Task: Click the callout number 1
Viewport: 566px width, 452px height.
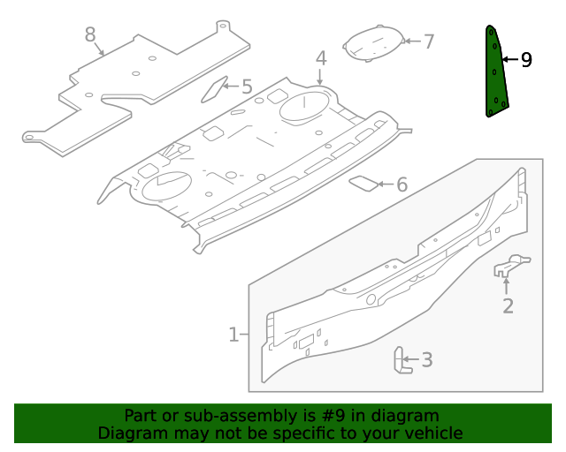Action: (233, 335)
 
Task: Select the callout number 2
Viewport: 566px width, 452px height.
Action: (508, 306)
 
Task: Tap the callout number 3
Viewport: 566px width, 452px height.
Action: (427, 359)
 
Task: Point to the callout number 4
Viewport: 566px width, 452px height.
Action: (321, 58)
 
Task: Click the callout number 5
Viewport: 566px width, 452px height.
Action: (247, 87)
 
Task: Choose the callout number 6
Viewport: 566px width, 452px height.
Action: (402, 185)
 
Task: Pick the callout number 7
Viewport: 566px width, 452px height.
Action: (428, 41)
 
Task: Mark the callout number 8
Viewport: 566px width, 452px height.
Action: (90, 34)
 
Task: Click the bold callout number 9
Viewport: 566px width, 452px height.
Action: (526, 60)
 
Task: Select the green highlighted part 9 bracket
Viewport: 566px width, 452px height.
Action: (495, 75)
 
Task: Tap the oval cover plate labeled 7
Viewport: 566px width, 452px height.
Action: (372, 44)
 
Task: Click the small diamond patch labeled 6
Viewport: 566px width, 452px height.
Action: (363, 184)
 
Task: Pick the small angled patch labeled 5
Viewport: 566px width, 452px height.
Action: (215, 88)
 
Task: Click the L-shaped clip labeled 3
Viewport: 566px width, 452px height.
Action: (401, 361)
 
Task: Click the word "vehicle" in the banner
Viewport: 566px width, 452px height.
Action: (432, 433)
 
